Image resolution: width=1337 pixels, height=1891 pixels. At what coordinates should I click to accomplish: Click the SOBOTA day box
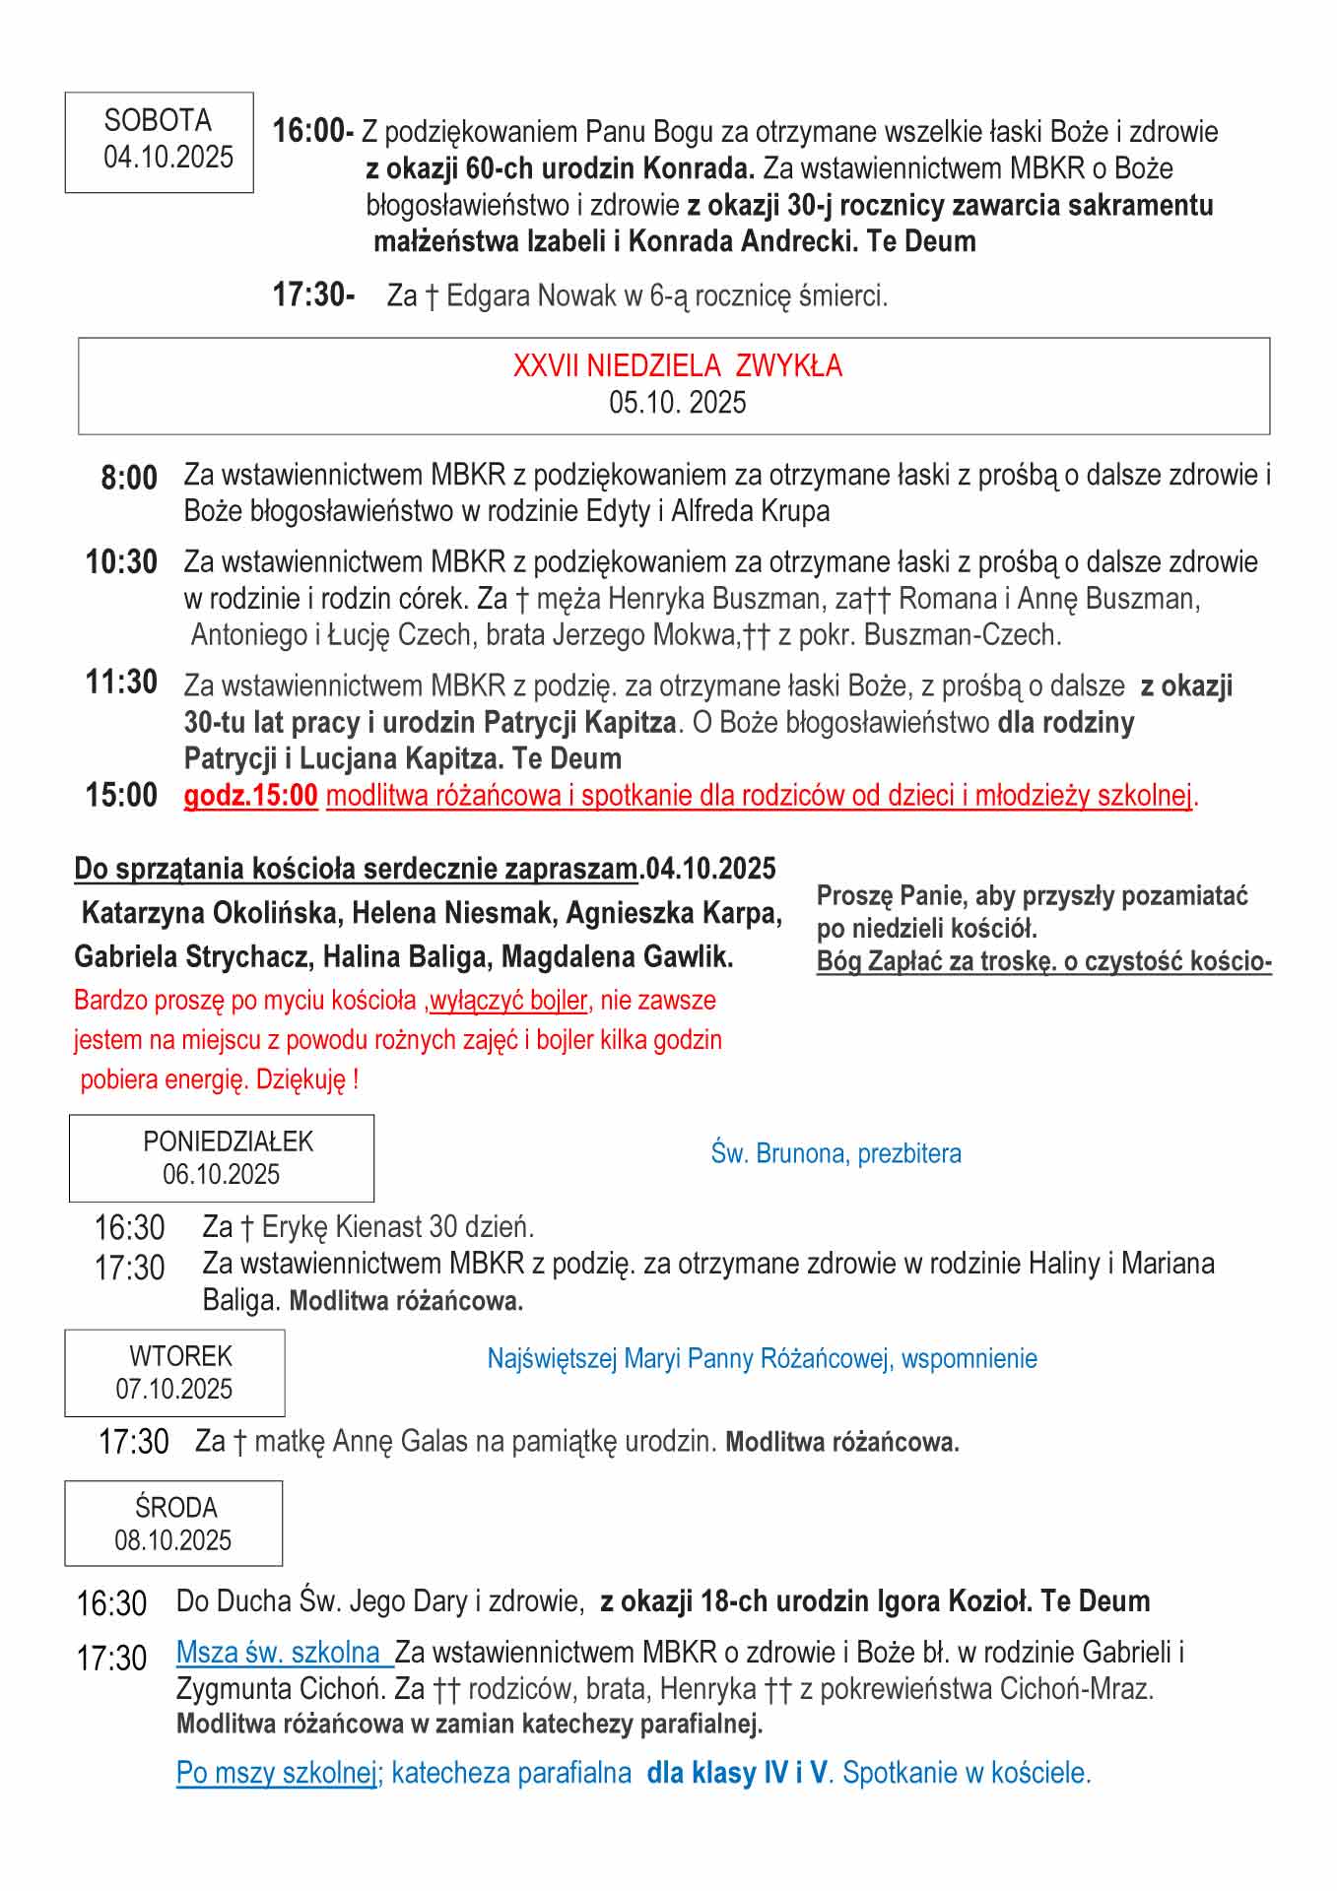click(x=159, y=141)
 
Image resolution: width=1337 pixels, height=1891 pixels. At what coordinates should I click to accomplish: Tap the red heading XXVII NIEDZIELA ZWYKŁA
click(x=677, y=366)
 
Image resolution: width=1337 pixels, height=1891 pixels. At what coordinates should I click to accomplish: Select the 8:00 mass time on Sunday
click(x=129, y=478)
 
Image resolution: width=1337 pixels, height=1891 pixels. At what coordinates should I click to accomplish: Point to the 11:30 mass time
click(x=121, y=682)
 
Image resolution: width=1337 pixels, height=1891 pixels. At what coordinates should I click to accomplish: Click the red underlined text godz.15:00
click(x=250, y=796)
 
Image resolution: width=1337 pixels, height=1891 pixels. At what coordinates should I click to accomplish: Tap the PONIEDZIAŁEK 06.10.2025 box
click(x=222, y=1157)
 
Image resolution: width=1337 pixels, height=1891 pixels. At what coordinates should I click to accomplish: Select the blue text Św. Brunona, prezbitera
click(x=836, y=1153)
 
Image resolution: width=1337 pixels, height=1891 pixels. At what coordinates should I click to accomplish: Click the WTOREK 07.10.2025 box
click(x=174, y=1372)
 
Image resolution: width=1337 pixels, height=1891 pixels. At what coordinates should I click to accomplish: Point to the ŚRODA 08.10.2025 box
click(x=173, y=1523)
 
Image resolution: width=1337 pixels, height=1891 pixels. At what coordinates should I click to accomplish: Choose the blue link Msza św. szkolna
click(x=279, y=1652)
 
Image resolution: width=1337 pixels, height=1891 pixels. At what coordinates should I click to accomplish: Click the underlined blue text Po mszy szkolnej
click(x=277, y=1773)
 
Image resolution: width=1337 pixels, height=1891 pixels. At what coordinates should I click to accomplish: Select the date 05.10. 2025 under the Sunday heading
click(x=677, y=403)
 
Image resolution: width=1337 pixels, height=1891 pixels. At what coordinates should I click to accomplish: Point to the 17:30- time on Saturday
click(x=313, y=294)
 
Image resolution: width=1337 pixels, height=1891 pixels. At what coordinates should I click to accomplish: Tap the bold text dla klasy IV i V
click(x=737, y=1773)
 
